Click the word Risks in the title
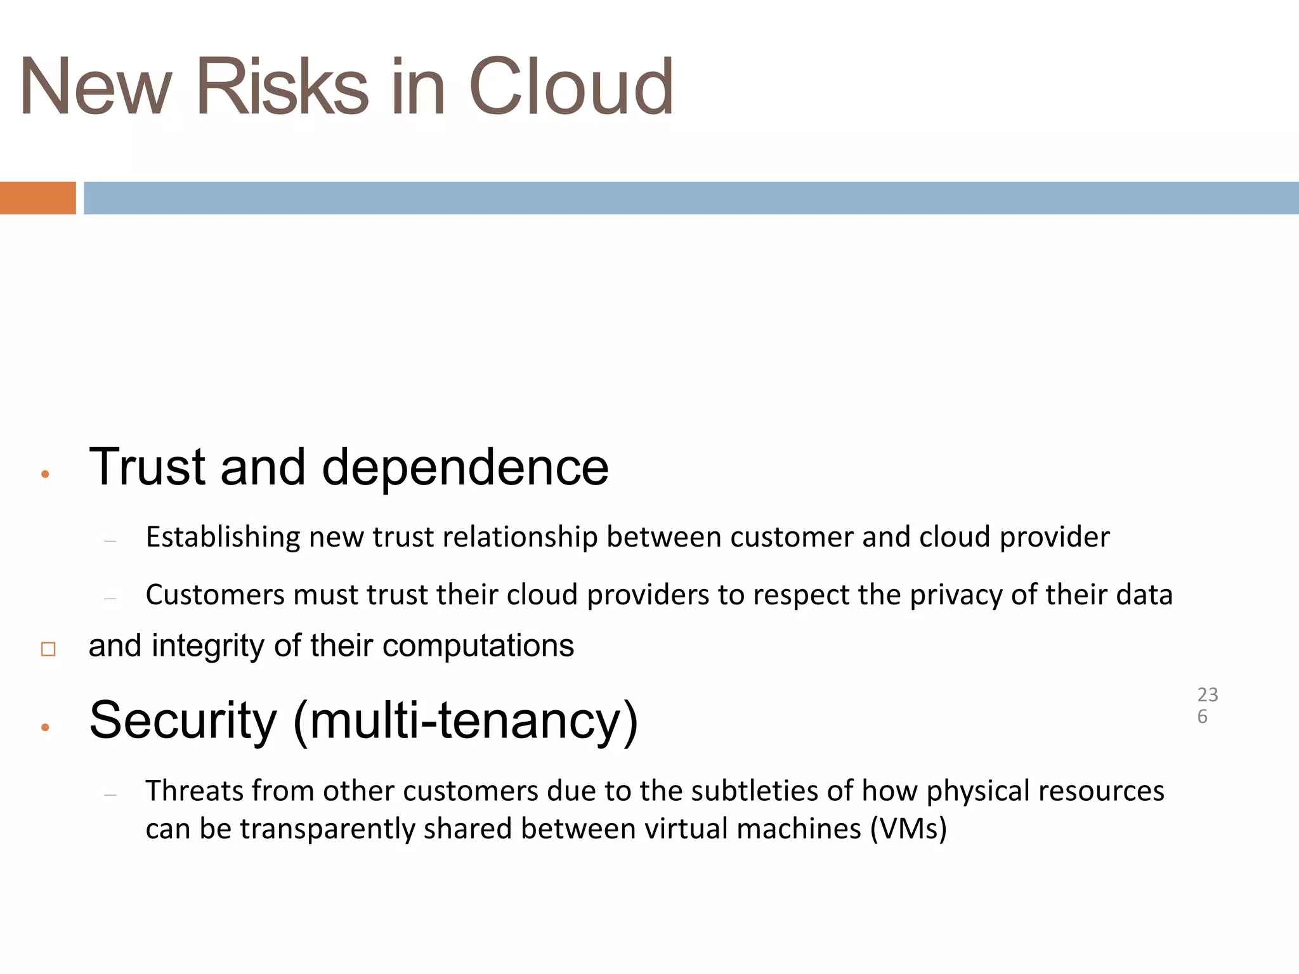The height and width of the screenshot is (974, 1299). (x=282, y=87)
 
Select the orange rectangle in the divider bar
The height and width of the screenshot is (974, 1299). (x=37, y=198)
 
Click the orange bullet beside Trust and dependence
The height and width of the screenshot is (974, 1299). (x=45, y=474)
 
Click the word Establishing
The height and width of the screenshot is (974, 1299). (x=223, y=538)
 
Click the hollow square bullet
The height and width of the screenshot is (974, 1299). (x=48, y=649)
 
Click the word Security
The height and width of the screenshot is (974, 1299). (x=183, y=721)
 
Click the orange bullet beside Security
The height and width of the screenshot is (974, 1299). (x=45, y=727)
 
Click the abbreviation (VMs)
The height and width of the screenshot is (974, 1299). (x=908, y=829)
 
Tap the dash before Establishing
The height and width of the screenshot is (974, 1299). (x=110, y=541)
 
